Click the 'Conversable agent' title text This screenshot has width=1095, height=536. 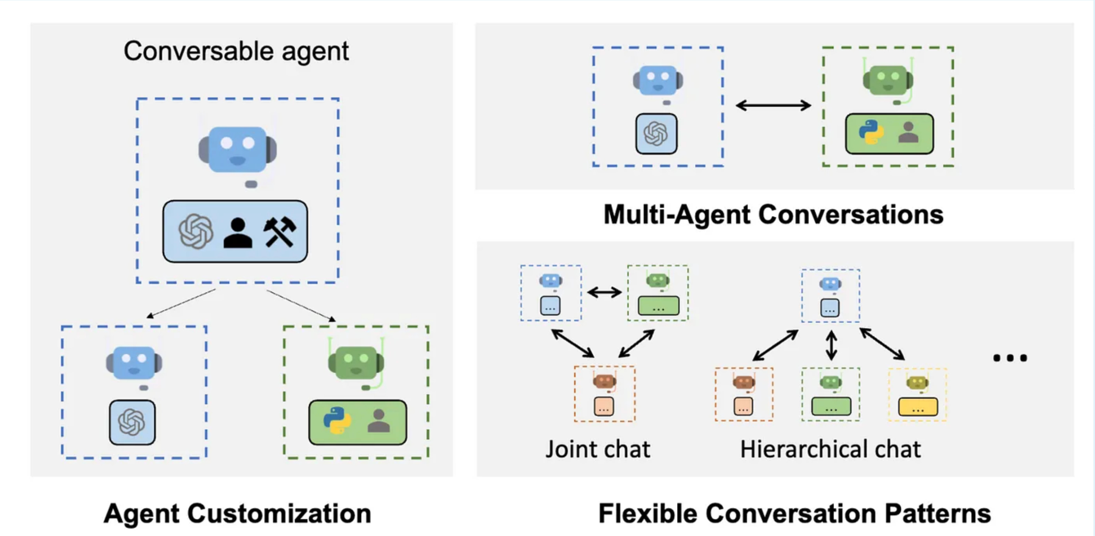click(x=236, y=52)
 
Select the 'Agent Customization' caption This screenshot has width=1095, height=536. click(x=237, y=513)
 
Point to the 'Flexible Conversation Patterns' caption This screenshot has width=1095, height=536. click(x=795, y=513)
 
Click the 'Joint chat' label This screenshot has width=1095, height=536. click(x=598, y=449)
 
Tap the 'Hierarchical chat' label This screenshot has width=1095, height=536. click(x=831, y=449)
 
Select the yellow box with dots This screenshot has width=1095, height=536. click(x=918, y=406)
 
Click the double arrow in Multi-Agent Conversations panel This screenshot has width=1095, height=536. click(x=773, y=105)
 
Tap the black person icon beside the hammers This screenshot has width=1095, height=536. click(x=238, y=233)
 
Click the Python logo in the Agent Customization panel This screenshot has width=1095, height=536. click(x=337, y=420)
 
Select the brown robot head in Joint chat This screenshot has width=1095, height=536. click(x=604, y=381)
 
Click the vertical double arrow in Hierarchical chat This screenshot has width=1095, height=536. click(x=831, y=345)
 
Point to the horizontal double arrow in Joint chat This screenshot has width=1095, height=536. click(x=604, y=292)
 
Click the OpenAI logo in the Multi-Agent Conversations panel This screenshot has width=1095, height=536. click(x=656, y=133)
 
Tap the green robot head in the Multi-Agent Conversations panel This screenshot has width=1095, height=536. click(x=888, y=79)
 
